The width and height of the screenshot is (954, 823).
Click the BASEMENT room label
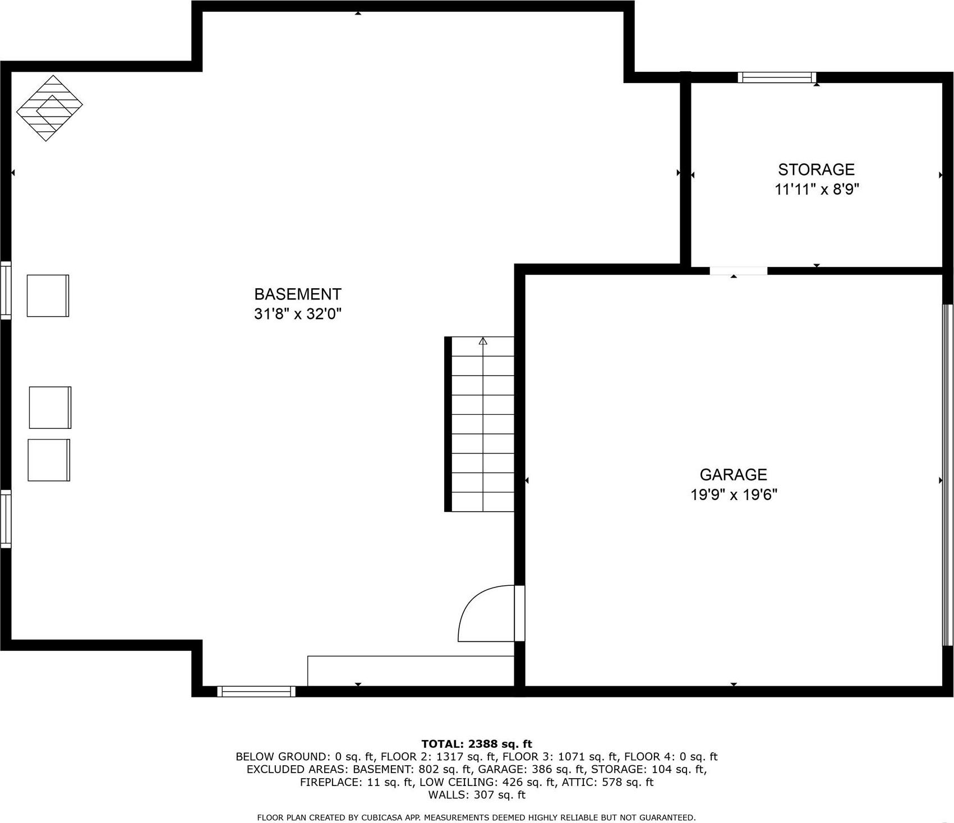click(297, 294)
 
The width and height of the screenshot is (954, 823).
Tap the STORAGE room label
click(816, 169)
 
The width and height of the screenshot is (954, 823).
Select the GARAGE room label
click(733, 475)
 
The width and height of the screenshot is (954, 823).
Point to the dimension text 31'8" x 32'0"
click(297, 314)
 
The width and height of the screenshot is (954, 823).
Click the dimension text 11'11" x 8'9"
click(817, 189)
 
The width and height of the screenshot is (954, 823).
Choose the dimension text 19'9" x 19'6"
click(734, 495)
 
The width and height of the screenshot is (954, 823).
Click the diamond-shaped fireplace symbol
click(49, 108)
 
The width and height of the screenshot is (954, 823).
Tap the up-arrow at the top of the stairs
click(483, 341)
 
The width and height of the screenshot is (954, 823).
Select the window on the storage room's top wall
click(777, 77)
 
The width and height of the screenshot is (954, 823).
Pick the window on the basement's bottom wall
click(256, 691)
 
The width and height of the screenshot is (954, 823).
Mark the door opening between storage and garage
click(738, 271)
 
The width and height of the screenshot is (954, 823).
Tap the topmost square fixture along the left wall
click(48, 295)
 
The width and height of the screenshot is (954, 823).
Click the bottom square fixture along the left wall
click(49, 460)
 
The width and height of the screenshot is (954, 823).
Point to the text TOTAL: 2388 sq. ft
click(476, 744)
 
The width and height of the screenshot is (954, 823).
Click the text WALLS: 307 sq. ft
click(476, 794)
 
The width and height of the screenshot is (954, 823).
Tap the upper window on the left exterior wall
click(6, 290)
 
